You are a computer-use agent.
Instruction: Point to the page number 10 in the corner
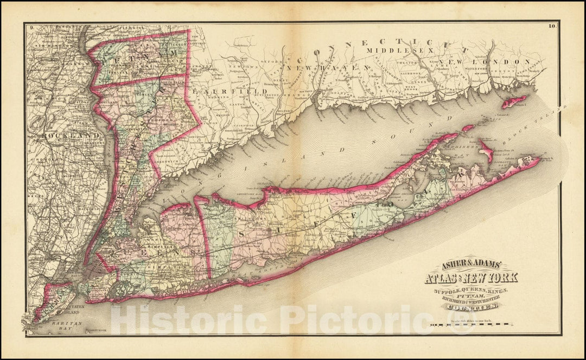[x=552, y=26]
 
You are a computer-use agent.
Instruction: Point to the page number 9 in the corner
[x=32, y=27]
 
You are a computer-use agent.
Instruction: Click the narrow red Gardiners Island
[x=486, y=150]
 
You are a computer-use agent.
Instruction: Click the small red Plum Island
[x=467, y=129]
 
